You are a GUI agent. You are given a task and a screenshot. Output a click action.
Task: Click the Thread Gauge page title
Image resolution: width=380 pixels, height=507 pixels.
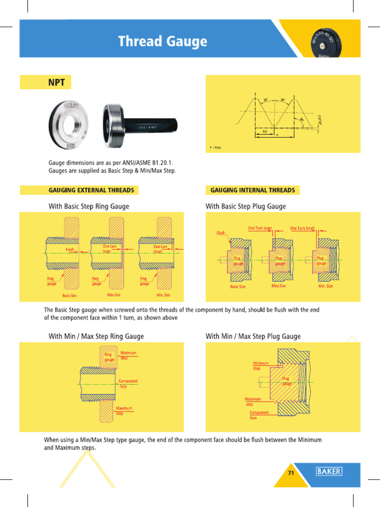pyautogui.click(x=162, y=42)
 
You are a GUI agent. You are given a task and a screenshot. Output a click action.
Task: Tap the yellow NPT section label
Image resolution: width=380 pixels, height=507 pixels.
pyautogui.click(x=56, y=82)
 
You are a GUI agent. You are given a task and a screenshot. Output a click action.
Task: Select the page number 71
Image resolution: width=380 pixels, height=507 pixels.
pyautogui.click(x=291, y=473)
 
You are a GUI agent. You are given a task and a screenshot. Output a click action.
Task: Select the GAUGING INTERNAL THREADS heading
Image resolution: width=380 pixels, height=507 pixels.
pyautogui.click(x=252, y=190)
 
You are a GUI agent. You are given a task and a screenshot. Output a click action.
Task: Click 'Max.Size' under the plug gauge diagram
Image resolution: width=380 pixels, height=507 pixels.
pyautogui.click(x=280, y=286)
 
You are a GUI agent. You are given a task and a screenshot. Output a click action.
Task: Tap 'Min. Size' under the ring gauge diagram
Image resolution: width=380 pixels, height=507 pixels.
pyautogui.click(x=163, y=295)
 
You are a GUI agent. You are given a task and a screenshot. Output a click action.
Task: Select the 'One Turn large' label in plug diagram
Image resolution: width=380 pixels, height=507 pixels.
pyautogui.click(x=260, y=228)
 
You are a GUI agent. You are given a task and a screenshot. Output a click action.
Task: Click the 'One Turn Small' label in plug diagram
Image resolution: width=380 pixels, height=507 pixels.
pyautogui.click(x=302, y=228)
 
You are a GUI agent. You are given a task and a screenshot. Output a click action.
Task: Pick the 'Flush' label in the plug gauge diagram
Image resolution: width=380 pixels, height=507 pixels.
pyautogui.click(x=220, y=233)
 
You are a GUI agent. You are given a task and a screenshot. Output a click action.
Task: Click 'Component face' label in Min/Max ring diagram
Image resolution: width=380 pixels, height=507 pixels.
pyautogui.click(x=128, y=384)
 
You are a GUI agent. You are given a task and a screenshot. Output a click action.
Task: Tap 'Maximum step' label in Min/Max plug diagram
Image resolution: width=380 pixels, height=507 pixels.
pyautogui.click(x=253, y=402)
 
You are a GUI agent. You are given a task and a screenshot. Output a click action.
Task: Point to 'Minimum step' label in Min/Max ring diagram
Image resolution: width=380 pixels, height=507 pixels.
pyautogui.click(x=128, y=355)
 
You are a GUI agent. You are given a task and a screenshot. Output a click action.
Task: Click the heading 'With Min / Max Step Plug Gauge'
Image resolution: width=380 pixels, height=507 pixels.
pyautogui.click(x=253, y=337)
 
